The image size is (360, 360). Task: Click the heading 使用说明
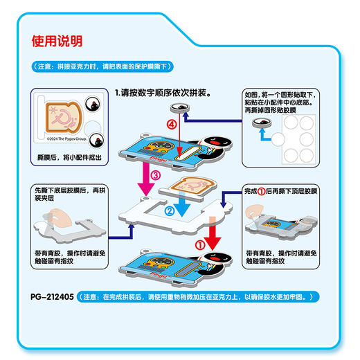click(x=57, y=41)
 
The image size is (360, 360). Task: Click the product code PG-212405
click(x=51, y=296)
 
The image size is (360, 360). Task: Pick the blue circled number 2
click(x=168, y=210)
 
